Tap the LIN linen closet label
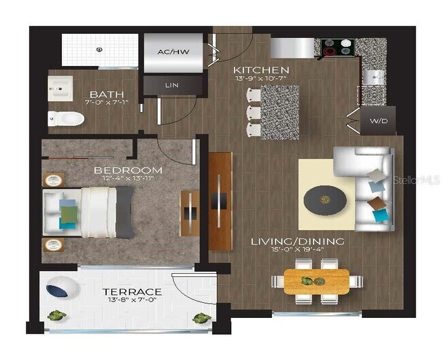pos(173,86)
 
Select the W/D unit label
pos(377,122)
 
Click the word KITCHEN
pos(261,70)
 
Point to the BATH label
pos(106,94)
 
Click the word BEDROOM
pos(128,170)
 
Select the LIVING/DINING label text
pos(297,241)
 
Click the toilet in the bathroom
pos(67,119)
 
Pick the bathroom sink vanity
pos(61,88)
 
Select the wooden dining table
pos(316,281)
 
